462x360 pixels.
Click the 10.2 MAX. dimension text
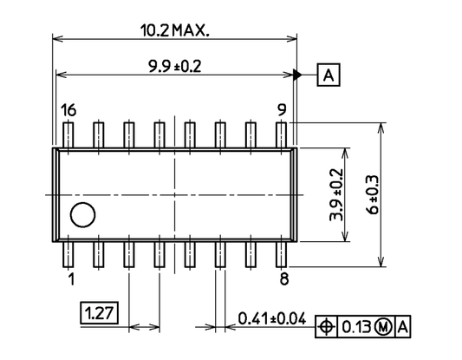[176, 30]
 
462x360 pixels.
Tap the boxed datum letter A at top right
[329, 75]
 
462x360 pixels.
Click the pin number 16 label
[68, 110]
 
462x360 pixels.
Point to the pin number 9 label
[282, 110]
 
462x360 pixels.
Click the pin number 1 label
[69, 278]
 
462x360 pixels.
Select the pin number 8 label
[283, 278]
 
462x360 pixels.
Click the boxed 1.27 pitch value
[100, 312]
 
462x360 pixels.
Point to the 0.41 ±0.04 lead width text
[272, 318]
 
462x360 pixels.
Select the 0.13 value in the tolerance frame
[355, 327]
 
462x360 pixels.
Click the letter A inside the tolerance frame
[403, 327]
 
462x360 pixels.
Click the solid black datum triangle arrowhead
[298, 75]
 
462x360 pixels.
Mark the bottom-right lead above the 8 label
[282, 254]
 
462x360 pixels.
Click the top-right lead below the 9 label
[282, 134]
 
